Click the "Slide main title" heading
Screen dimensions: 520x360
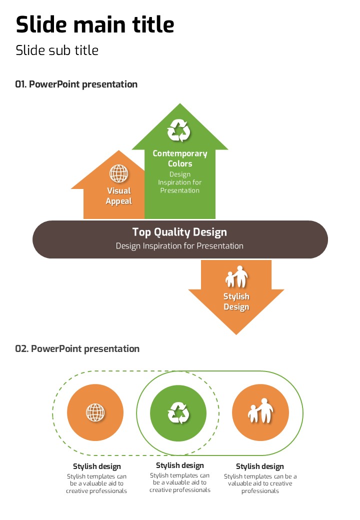[x=95, y=24]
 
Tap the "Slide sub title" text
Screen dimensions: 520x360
[x=57, y=50]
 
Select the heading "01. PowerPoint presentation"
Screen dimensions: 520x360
[x=76, y=84]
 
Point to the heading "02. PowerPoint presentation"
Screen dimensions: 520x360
[x=77, y=348]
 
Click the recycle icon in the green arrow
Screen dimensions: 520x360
[x=179, y=130]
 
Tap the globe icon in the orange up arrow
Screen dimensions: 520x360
[x=119, y=173]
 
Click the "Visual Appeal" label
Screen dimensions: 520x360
[x=119, y=196]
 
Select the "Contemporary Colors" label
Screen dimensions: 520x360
[x=180, y=158]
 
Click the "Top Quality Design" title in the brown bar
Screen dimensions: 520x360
[x=179, y=232]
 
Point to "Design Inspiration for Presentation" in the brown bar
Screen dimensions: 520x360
[x=179, y=246]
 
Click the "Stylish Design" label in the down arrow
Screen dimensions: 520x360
[x=236, y=301]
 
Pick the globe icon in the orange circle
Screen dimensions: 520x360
[x=95, y=412]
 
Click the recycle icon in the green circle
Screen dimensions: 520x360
[x=178, y=413]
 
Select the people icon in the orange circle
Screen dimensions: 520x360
[x=260, y=411]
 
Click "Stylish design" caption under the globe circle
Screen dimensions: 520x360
[x=97, y=466]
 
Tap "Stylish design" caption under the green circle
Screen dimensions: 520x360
[x=180, y=465]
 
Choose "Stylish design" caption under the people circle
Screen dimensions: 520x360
[x=260, y=466]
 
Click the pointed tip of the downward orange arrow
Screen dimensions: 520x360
[x=236, y=333]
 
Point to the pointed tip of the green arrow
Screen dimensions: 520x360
[x=179, y=104]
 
